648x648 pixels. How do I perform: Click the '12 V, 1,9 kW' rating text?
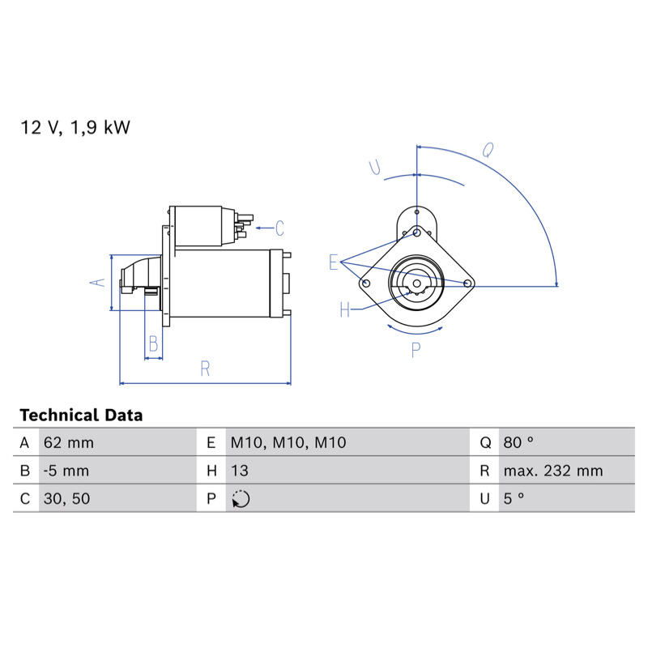tap(75, 127)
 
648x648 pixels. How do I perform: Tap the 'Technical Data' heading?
tap(81, 415)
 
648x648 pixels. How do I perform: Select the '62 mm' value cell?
tap(69, 442)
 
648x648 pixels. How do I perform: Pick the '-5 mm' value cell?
tap(66, 471)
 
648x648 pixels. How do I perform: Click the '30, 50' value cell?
tap(66, 498)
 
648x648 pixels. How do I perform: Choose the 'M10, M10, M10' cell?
tap(288, 442)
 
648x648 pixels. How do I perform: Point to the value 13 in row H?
tap(240, 471)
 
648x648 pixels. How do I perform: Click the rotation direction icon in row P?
tap(241, 499)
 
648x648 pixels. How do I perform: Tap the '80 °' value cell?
tap(518, 442)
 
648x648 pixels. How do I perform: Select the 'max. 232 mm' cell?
tap(553, 471)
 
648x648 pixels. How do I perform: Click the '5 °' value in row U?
tap(514, 498)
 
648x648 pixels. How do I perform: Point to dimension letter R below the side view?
tap(205, 369)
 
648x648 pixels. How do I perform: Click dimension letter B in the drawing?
tap(153, 343)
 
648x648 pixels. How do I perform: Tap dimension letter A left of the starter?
tap(97, 282)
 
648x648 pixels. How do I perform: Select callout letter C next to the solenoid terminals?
tap(279, 228)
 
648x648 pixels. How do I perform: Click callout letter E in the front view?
tap(334, 262)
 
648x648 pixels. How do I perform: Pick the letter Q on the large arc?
tap(488, 151)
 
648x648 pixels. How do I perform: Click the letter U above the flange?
tap(375, 167)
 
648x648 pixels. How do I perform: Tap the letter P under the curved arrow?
tap(416, 350)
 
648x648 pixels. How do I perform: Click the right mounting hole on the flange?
tap(467, 283)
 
